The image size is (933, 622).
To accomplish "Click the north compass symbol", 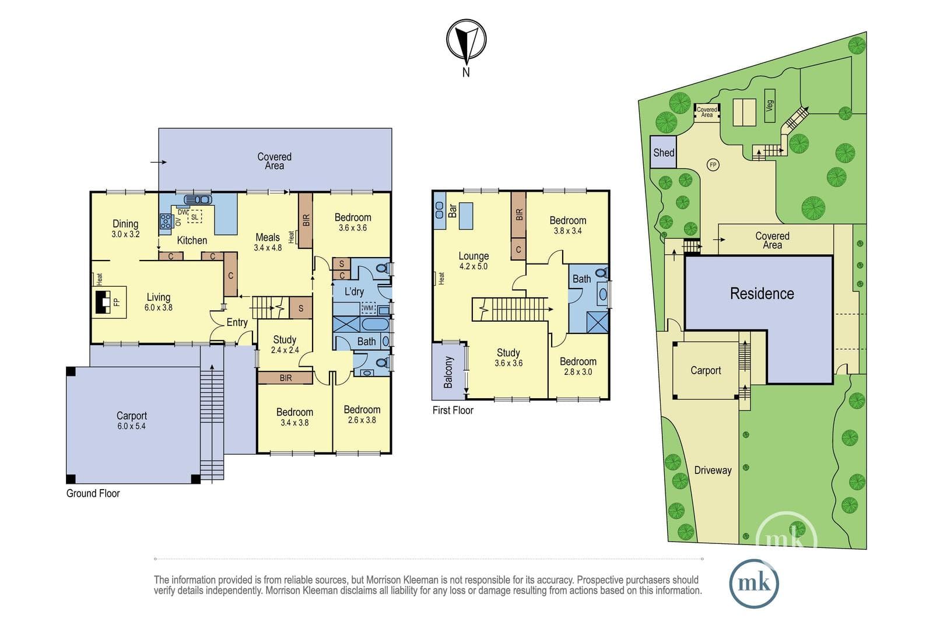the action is [x=466, y=40].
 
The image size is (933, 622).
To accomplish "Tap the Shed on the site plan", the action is [x=663, y=152].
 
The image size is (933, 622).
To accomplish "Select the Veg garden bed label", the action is [x=770, y=106].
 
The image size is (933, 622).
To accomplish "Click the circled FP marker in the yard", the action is [x=713, y=165].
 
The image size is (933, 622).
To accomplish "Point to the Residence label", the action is [x=762, y=294].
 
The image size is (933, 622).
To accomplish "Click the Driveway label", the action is [x=713, y=470].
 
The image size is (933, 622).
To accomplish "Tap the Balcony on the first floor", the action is [x=448, y=372].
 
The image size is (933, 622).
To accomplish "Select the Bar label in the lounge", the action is [x=453, y=210].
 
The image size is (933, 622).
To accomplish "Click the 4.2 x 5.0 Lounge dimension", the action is [x=473, y=266].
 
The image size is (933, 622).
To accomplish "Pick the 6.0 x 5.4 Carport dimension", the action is [x=131, y=426].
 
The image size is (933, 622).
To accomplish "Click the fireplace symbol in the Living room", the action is [x=103, y=302].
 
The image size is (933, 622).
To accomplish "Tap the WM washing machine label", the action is [x=368, y=308].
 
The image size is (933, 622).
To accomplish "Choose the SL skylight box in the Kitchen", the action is [x=195, y=217].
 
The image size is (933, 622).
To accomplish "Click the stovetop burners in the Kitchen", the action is [x=166, y=221].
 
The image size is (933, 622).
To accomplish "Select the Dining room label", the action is [x=125, y=224].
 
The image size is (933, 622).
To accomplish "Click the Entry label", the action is [x=237, y=322].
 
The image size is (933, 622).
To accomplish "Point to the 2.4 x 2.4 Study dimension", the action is [x=285, y=350].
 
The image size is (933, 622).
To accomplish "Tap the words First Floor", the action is [x=453, y=410].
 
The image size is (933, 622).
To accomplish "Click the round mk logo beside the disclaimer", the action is [x=754, y=584].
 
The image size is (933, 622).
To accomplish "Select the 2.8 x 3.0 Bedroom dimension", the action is [x=578, y=372].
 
